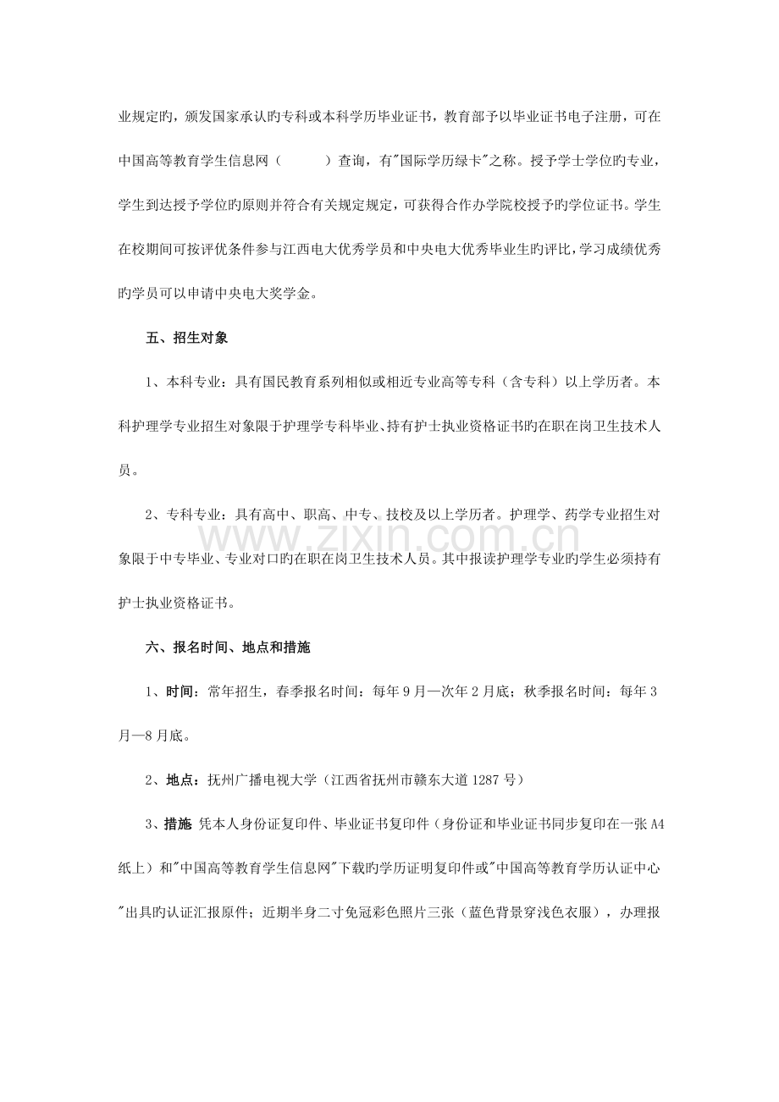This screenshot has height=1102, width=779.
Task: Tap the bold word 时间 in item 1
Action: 183,692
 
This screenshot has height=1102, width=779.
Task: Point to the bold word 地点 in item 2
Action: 183,780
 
